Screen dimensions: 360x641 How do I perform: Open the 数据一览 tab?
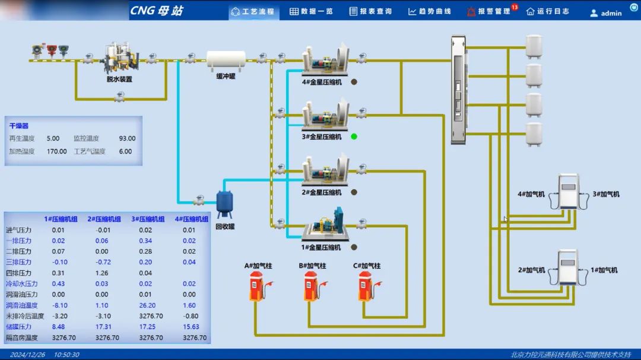[x=312, y=11]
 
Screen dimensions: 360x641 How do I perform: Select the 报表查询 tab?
[x=370, y=11]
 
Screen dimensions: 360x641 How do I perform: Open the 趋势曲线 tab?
[x=430, y=11]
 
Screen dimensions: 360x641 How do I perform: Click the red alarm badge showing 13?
[x=515, y=7]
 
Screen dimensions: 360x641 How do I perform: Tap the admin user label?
[x=611, y=13]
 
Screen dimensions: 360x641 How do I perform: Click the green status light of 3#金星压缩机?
[x=354, y=136]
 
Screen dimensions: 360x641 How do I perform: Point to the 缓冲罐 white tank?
[x=226, y=59]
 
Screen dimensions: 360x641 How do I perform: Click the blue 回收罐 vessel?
[x=224, y=202]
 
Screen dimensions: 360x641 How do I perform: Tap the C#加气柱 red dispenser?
[x=365, y=286]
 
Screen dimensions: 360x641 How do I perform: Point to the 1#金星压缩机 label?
[x=322, y=247]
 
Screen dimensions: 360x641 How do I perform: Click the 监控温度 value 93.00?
[x=127, y=138]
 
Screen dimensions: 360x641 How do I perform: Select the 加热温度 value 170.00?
[x=57, y=151]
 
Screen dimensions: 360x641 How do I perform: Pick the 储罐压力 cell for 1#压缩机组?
[x=58, y=327]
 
